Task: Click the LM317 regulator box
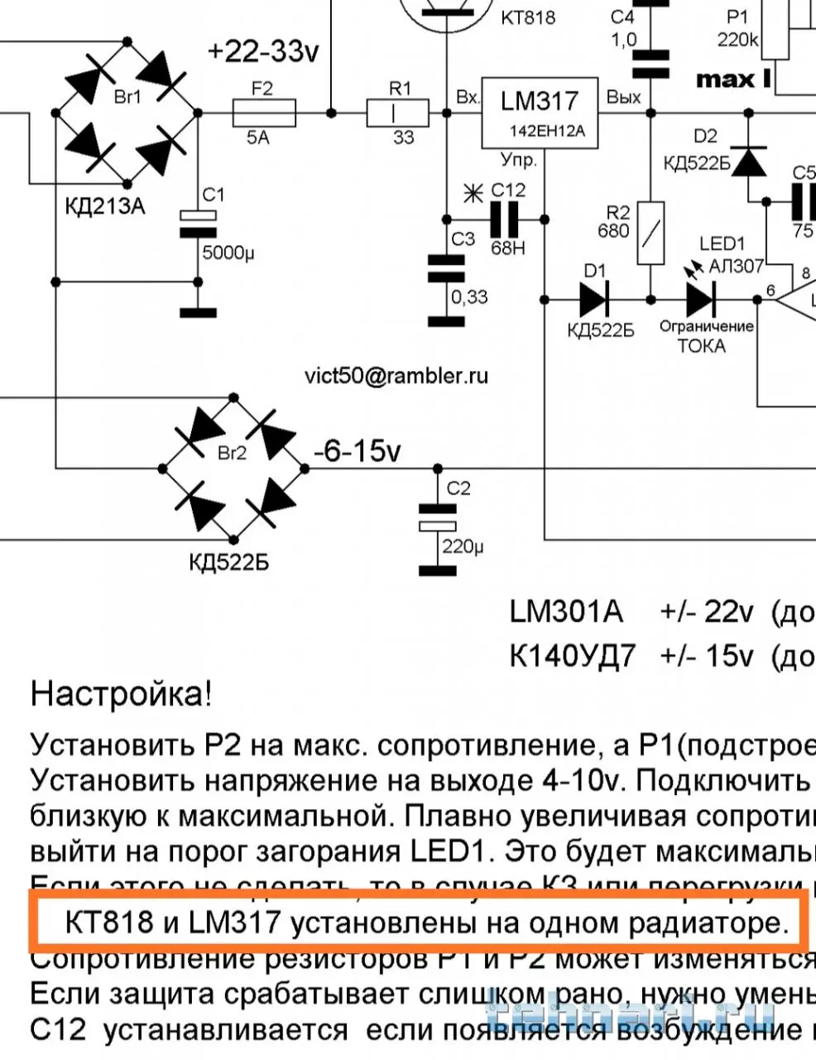coord(540,113)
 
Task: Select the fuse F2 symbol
coord(264,112)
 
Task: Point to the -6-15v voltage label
coord(357,451)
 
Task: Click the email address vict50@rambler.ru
coord(396,376)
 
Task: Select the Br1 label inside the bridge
coord(127,98)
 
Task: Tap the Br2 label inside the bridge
coord(233,454)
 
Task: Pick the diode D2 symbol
coord(751,160)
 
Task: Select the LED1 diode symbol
coord(700,298)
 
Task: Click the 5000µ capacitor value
coord(228,253)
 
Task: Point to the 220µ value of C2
coord(464,547)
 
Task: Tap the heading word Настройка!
coord(121,693)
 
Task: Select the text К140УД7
coord(573,656)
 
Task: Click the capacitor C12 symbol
coord(504,219)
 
